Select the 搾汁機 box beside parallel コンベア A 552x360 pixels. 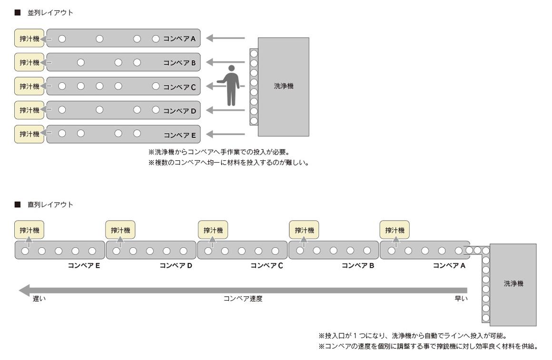tap(28, 39)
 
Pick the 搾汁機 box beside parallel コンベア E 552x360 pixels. tap(28, 134)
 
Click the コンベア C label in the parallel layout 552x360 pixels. tap(179, 87)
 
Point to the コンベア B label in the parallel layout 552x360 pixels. tap(179, 63)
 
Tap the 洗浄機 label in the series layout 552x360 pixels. tap(513, 283)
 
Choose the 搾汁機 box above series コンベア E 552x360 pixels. tap(28, 230)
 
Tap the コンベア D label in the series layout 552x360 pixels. tap(176, 265)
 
